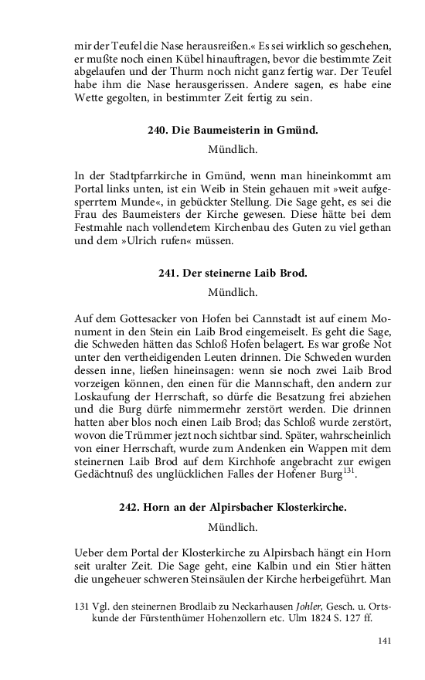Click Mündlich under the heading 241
[233, 293]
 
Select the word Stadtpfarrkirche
[159, 174]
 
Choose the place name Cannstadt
[279, 320]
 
